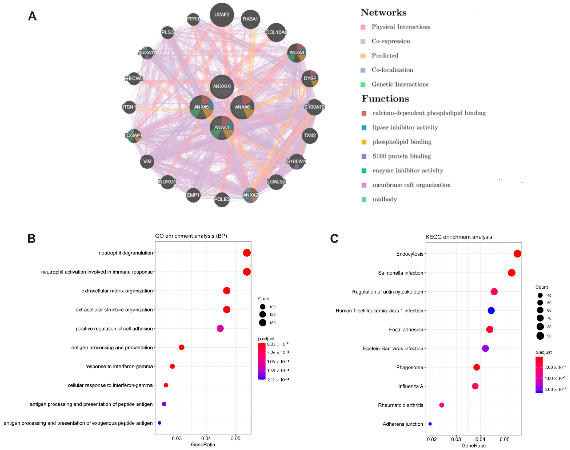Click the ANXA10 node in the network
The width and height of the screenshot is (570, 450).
222,86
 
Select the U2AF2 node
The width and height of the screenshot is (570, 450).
222,15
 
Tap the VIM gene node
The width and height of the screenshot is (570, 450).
147,161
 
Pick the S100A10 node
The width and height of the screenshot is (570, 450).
314,107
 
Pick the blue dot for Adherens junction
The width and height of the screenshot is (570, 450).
430,424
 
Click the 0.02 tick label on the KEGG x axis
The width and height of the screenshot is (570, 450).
432,439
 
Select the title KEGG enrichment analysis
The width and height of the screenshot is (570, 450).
459,237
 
